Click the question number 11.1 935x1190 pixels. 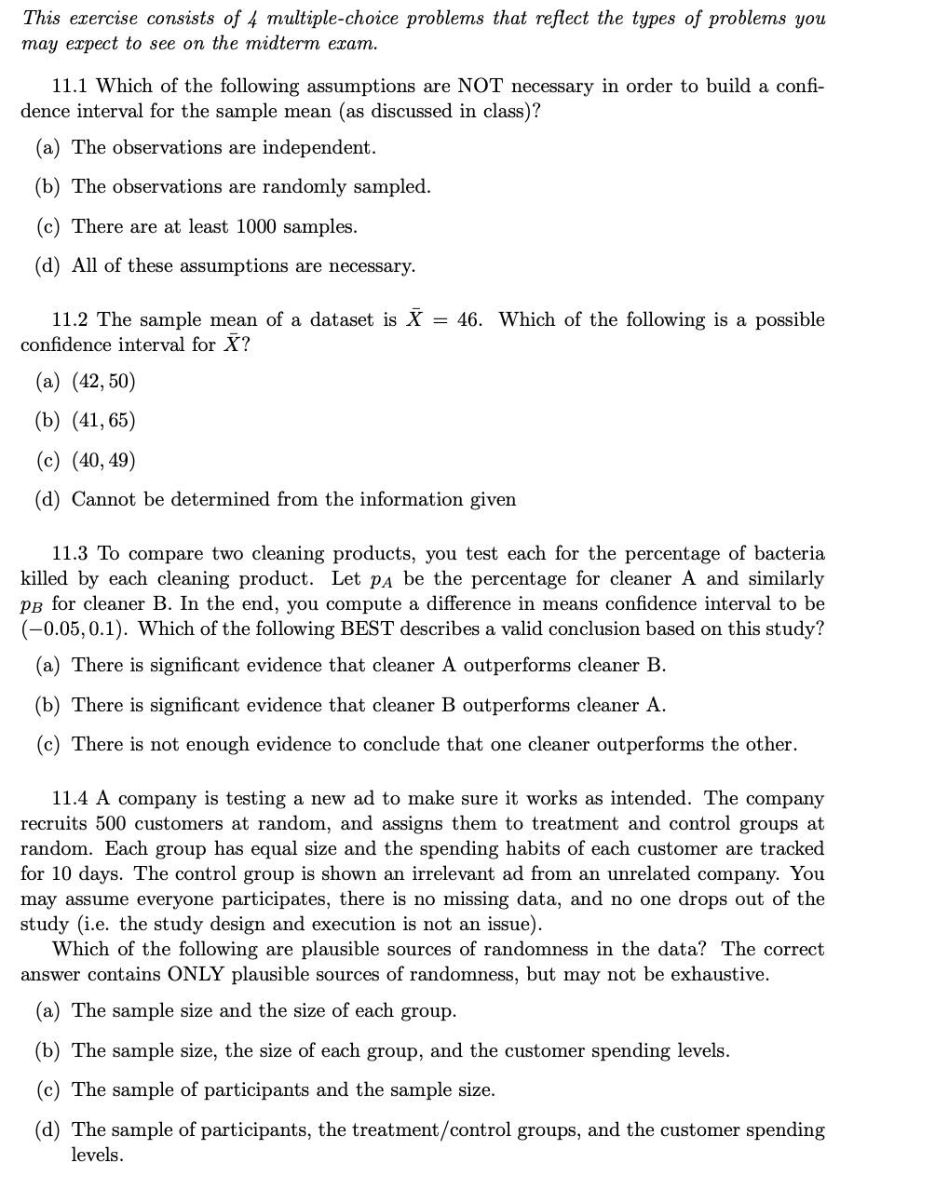(70, 87)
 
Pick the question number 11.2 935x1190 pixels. (70, 320)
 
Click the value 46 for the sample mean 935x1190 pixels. (468, 320)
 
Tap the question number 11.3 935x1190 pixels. (70, 554)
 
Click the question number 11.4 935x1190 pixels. (70, 799)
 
